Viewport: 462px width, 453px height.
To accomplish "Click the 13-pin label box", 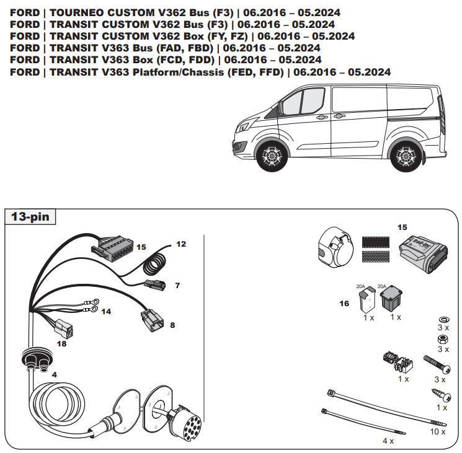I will tap(30, 218).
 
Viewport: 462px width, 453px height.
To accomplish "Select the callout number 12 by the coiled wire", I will tap(180, 244).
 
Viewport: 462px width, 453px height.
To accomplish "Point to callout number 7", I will tap(177, 286).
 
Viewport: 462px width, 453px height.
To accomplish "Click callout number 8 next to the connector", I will tap(172, 323).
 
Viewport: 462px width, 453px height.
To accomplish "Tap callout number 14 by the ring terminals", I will tap(107, 311).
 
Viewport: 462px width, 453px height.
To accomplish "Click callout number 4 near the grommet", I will tap(54, 375).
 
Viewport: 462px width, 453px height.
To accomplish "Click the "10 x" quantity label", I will tap(437, 430).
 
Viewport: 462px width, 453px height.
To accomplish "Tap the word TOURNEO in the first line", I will tap(80, 12).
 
